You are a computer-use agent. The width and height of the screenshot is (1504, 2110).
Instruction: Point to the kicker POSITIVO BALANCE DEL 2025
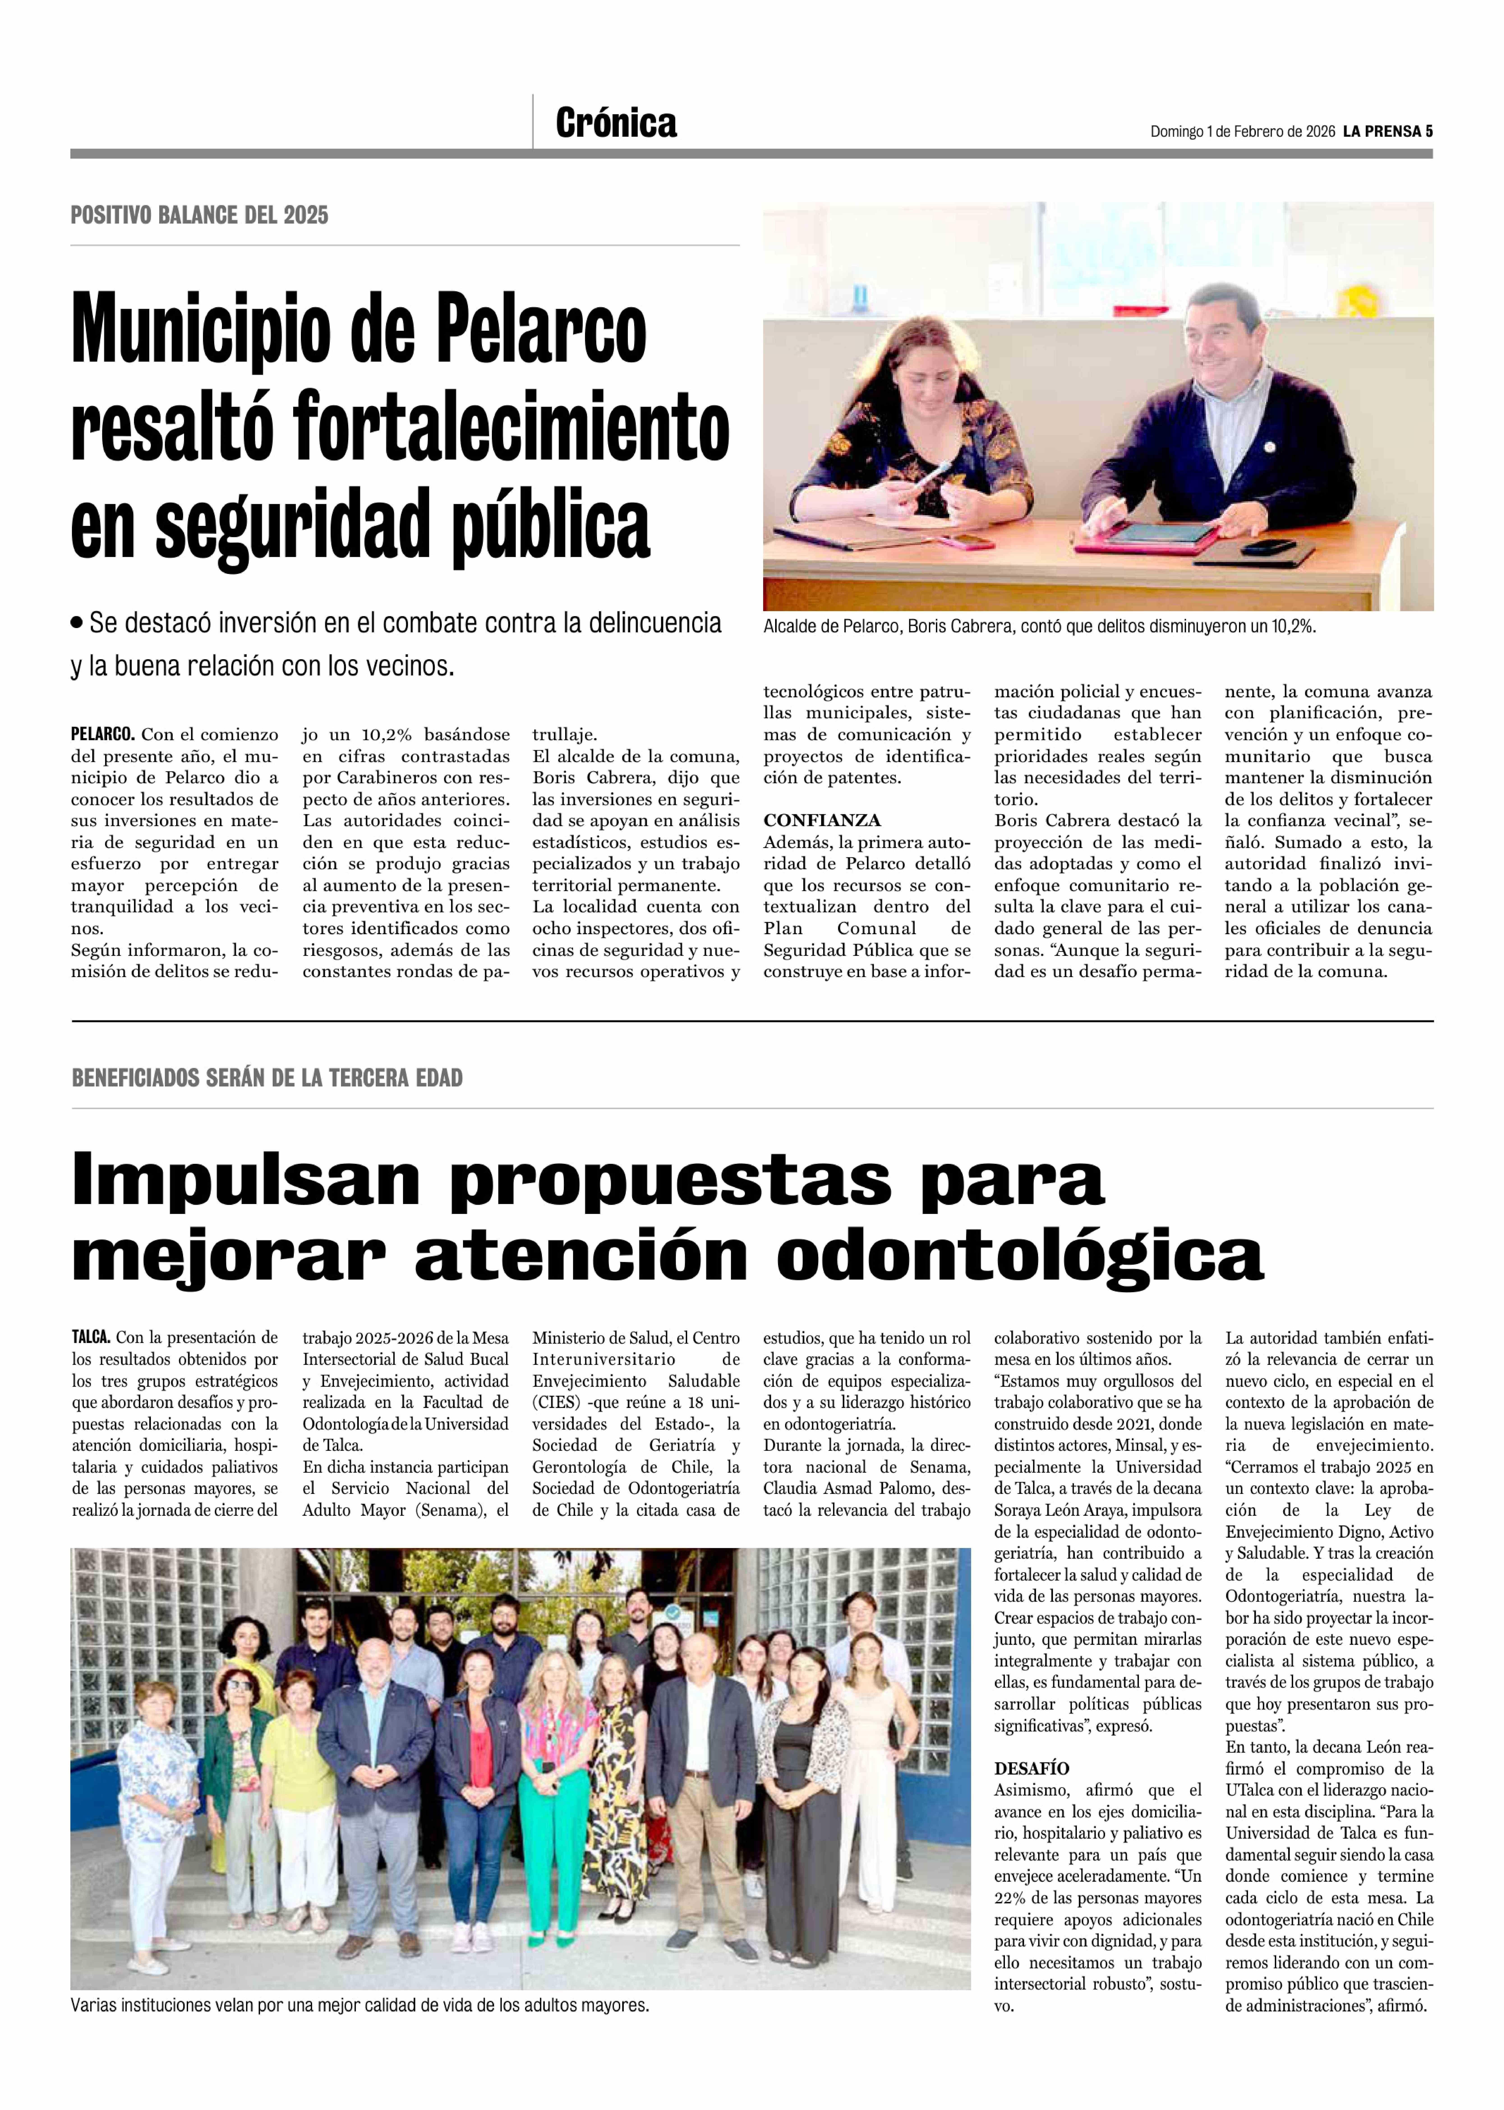(x=199, y=215)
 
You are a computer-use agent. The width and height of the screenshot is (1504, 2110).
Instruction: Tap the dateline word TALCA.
(x=91, y=1338)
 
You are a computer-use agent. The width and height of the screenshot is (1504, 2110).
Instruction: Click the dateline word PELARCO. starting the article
(x=103, y=735)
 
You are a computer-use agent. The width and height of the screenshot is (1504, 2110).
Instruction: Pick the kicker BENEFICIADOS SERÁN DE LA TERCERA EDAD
(x=267, y=1078)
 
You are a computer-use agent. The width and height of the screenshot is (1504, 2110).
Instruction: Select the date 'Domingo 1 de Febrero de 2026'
(x=1242, y=132)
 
